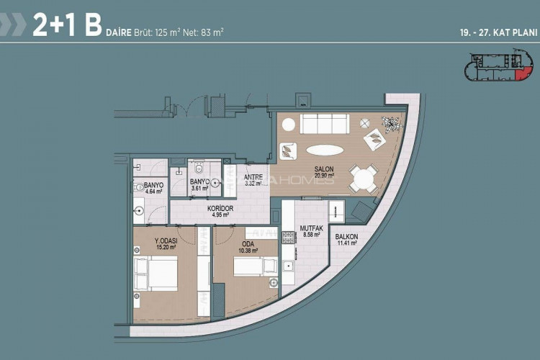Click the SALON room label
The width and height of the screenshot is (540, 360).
[x=322, y=170]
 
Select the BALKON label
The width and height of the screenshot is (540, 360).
[x=346, y=238]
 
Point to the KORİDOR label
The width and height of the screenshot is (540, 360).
[x=220, y=208]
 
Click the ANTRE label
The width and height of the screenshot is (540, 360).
[x=253, y=177]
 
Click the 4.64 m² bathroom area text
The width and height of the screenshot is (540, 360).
[x=154, y=192]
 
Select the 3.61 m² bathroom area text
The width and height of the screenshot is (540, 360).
[x=199, y=188]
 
